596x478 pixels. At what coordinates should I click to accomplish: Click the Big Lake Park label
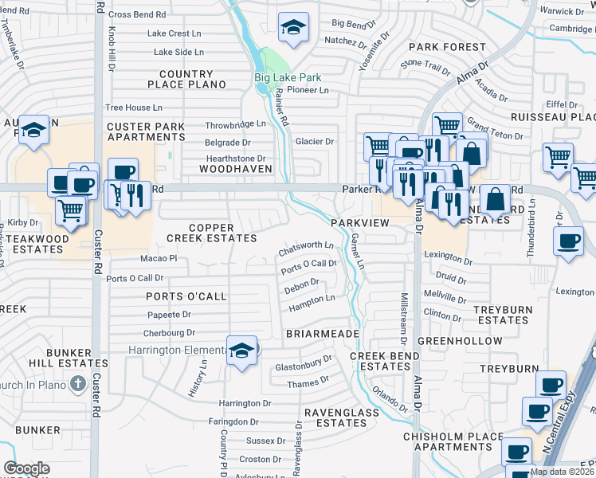click(x=288, y=77)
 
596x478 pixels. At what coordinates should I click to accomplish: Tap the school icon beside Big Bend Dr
click(x=293, y=28)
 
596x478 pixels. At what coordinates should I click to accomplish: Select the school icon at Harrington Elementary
click(x=241, y=351)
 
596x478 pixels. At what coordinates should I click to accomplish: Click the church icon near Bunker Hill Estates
click(x=77, y=385)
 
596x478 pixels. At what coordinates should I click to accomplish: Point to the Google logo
click(x=26, y=468)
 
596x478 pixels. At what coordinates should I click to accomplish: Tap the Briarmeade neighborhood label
click(x=322, y=333)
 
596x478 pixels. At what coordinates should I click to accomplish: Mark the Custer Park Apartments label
click(x=146, y=131)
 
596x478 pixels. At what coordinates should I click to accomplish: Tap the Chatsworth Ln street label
click(x=306, y=249)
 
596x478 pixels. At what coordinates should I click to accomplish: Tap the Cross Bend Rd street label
click(x=137, y=14)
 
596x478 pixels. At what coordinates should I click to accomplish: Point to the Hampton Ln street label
click(x=312, y=301)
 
